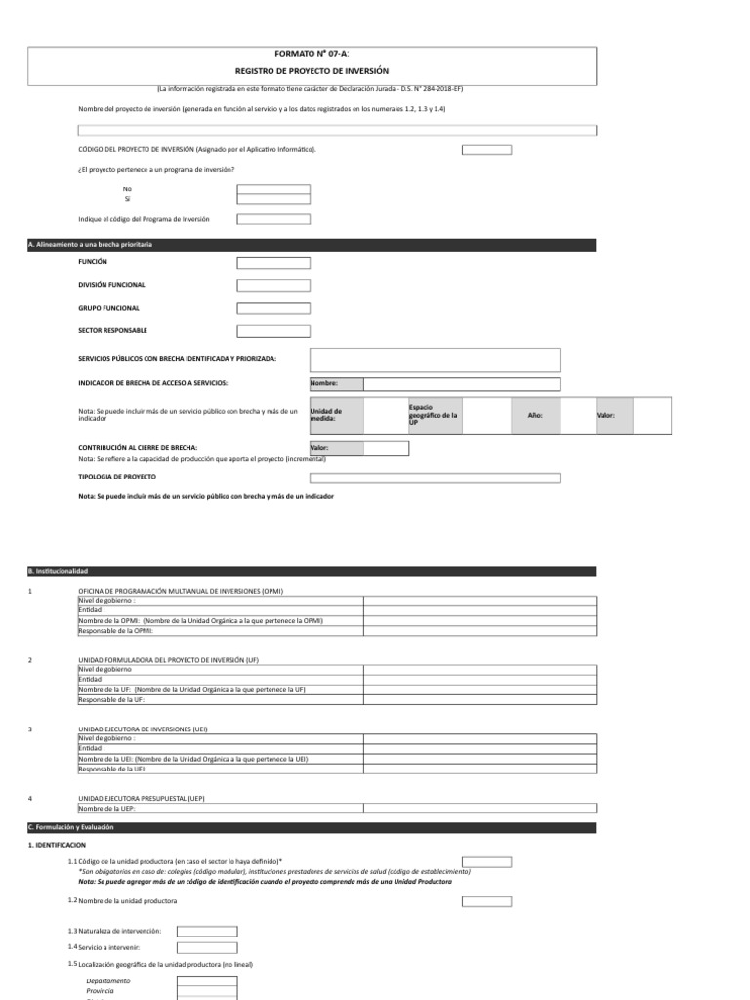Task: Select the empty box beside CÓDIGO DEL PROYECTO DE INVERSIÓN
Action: pyautogui.click(x=486, y=149)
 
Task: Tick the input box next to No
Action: pyautogui.click(x=273, y=188)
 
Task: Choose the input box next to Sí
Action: pyautogui.click(x=273, y=199)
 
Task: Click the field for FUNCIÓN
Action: pyautogui.click(x=273, y=263)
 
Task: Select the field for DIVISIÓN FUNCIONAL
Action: pyautogui.click(x=273, y=285)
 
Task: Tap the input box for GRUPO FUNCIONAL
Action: pyautogui.click(x=273, y=308)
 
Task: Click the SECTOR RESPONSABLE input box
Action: pyautogui.click(x=273, y=331)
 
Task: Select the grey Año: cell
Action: pyautogui.click(x=534, y=416)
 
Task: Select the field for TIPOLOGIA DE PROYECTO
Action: pyautogui.click(x=435, y=479)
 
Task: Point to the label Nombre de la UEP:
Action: pyautogui.click(x=107, y=809)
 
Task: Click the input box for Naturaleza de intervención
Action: pyautogui.click(x=206, y=932)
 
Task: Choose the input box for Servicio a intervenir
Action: pyautogui.click(x=206, y=947)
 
